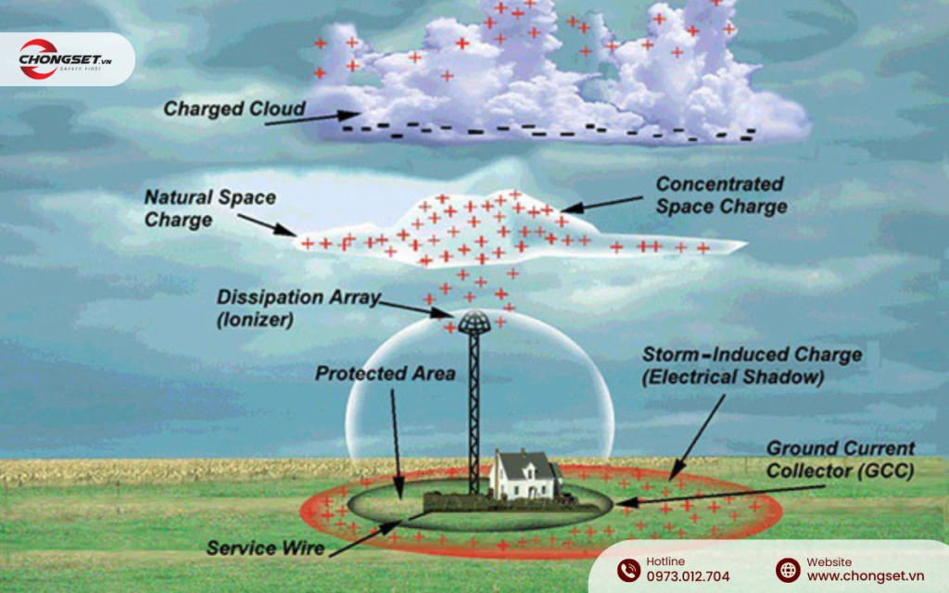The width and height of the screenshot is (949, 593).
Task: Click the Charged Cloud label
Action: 234,109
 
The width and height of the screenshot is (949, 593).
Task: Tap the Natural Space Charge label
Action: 209,208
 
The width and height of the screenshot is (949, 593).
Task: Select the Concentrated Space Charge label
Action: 720,196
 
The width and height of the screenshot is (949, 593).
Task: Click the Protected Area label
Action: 385,374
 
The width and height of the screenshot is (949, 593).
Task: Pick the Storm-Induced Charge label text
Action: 753,365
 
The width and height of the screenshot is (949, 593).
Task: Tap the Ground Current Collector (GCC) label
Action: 840,461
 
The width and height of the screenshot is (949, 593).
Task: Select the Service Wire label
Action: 265,549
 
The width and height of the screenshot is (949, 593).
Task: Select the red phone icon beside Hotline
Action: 628,570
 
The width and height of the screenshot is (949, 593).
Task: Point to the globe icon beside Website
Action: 788,570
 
